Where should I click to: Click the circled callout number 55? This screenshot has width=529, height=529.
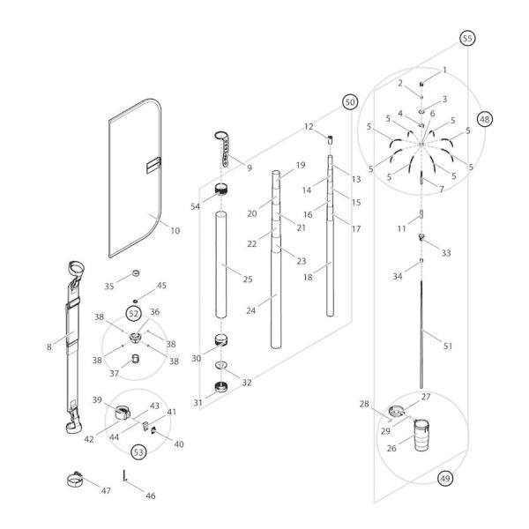point(467,39)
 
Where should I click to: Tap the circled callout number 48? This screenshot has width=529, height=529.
point(484,117)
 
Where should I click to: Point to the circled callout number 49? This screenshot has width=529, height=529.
point(446,478)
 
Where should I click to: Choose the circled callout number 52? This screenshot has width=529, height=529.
point(134,312)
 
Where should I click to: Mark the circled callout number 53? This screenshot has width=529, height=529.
point(138,451)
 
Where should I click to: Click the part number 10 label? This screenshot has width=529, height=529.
point(175,231)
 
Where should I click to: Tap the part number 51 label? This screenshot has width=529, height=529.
point(448,346)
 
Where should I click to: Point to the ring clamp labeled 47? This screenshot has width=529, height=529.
point(80,482)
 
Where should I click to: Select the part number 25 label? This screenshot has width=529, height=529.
point(248,279)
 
